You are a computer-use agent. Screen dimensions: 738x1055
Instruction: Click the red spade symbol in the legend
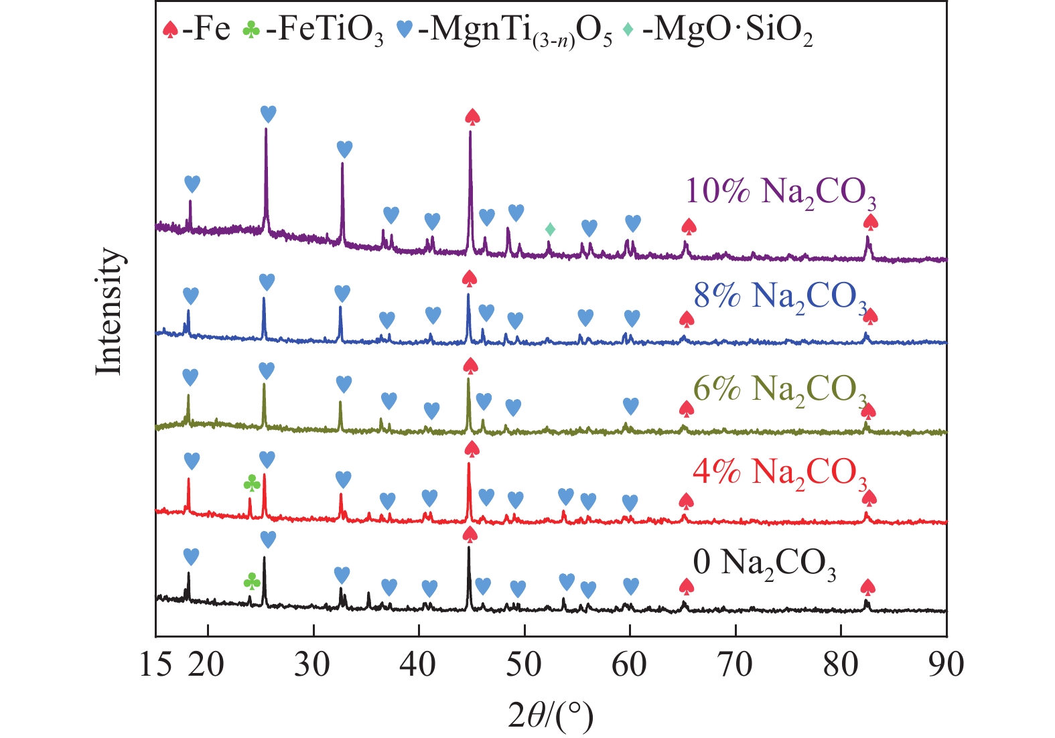[171, 30]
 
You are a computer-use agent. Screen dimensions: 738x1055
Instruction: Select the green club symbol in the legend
[251, 30]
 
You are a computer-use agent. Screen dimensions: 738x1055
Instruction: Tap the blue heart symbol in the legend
[404, 30]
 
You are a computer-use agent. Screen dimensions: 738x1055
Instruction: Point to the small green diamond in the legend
[628, 30]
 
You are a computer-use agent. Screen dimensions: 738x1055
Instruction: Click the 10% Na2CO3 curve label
[780, 192]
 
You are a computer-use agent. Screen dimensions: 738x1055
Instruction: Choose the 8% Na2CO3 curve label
[780, 296]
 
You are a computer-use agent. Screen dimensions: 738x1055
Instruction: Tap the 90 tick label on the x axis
[946, 664]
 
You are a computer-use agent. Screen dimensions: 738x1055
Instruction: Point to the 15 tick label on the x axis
[157, 664]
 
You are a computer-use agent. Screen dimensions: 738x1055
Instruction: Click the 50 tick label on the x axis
[524, 664]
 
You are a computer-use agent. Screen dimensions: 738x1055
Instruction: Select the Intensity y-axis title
[109, 311]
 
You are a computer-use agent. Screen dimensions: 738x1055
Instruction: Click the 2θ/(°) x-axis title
[551, 717]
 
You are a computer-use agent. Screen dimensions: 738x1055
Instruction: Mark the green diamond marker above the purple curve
[550, 230]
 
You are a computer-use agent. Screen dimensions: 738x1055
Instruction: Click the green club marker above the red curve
[251, 483]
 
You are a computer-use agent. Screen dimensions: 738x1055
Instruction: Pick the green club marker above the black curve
[251, 581]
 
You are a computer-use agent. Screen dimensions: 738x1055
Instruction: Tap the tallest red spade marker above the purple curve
[472, 117]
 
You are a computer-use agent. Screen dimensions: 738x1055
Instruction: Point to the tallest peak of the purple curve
[470, 133]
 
